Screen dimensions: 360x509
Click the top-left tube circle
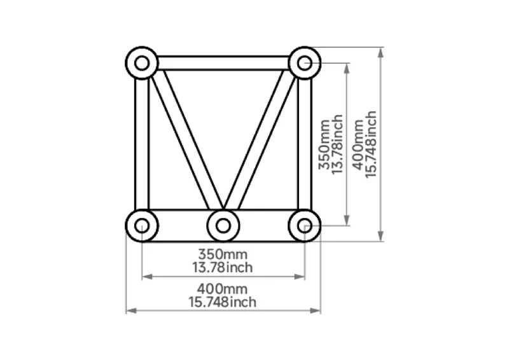click(x=142, y=63)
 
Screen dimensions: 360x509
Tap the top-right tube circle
click(x=305, y=63)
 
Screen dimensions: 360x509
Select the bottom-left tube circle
click(x=142, y=225)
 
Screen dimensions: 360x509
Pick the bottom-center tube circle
click(x=223, y=225)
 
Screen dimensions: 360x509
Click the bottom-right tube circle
click(x=305, y=225)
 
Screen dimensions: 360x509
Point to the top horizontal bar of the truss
click(x=223, y=63)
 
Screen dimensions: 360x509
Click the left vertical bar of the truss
click(x=142, y=144)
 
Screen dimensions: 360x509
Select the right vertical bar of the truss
click(x=305, y=144)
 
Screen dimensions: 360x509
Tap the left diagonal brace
click(x=185, y=140)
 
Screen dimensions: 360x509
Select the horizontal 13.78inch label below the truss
click(x=223, y=267)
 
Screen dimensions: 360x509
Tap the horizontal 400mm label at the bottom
click(x=223, y=289)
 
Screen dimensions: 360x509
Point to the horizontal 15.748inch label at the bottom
click(x=223, y=301)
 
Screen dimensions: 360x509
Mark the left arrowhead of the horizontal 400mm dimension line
click(x=130, y=310)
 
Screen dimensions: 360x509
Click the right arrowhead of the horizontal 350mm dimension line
click(x=301, y=277)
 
